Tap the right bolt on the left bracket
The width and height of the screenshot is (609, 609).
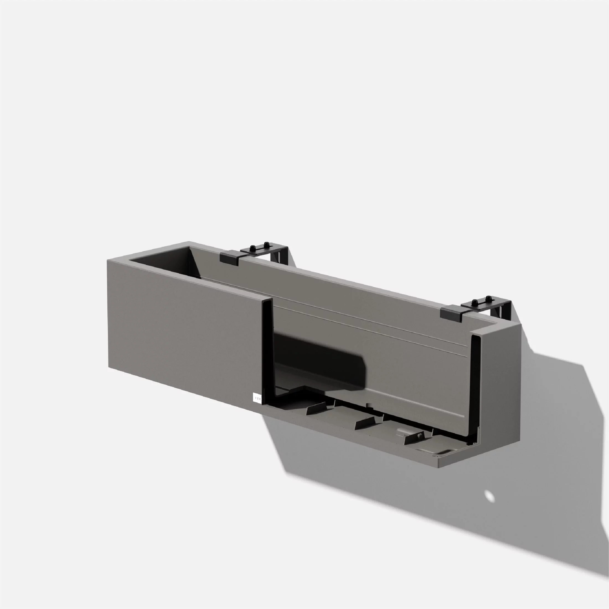(x=266, y=244)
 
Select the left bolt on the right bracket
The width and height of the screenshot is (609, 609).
(x=474, y=302)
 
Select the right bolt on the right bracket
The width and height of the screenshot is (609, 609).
(x=488, y=298)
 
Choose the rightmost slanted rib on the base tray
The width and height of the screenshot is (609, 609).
(x=414, y=438)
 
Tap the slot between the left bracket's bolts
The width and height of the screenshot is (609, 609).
(x=259, y=248)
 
